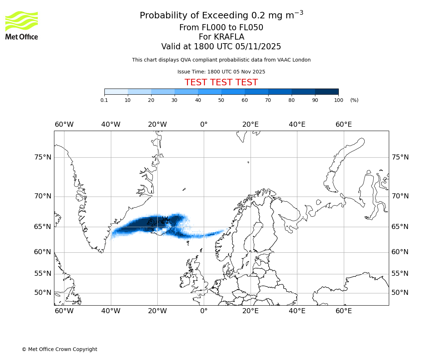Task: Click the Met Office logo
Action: click(x=22, y=25)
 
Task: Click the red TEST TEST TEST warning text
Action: click(x=221, y=82)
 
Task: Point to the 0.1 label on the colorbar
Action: click(x=104, y=100)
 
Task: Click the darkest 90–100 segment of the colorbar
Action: click(x=327, y=91)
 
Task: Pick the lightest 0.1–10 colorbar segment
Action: click(x=116, y=91)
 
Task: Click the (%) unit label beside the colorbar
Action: click(x=354, y=100)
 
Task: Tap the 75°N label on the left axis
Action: click(x=42, y=157)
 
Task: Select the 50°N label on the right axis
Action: click(x=400, y=293)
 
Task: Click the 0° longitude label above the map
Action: click(x=204, y=125)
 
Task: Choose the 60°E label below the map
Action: click(x=343, y=311)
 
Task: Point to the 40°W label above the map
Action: click(x=111, y=125)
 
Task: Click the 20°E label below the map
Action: click(x=250, y=311)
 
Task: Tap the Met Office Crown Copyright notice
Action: click(x=59, y=349)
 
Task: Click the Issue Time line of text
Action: click(x=221, y=72)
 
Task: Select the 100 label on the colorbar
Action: click(x=338, y=100)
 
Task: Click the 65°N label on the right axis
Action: click(x=400, y=227)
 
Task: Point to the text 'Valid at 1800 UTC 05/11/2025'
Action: click(x=221, y=47)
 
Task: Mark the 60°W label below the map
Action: click(x=64, y=311)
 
